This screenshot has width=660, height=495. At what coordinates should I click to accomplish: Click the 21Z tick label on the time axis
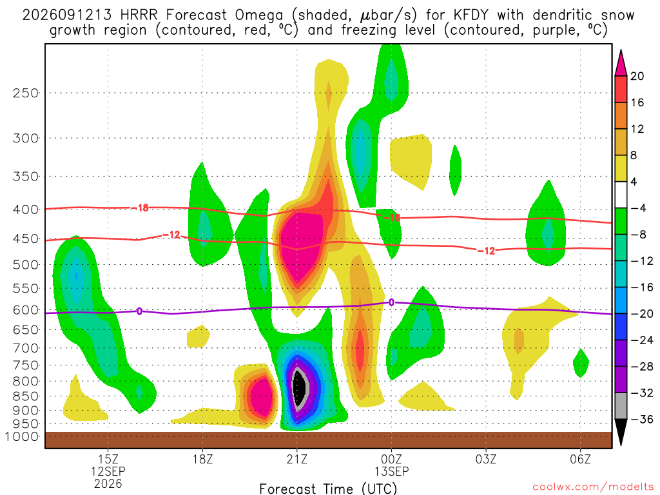[x=296, y=459]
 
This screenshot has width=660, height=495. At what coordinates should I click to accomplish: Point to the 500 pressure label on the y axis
[x=26, y=265]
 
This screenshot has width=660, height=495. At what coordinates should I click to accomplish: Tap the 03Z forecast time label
[x=486, y=459]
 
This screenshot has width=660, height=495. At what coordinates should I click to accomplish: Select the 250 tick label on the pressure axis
[x=26, y=93]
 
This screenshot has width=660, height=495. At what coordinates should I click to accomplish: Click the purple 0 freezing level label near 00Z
[x=391, y=302]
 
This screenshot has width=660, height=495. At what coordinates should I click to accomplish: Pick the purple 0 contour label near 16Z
[x=139, y=311]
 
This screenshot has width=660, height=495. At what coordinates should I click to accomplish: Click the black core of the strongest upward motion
[x=299, y=387]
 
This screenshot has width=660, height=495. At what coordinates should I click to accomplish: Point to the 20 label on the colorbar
[x=637, y=76]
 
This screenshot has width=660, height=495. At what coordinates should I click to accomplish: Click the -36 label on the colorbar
[x=642, y=419]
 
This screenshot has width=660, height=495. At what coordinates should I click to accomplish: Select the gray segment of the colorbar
[x=621, y=406]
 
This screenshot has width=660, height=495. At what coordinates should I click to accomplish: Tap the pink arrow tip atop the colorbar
[x=621, y=50]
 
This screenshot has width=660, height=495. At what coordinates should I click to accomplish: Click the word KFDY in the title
[x=471, y=15]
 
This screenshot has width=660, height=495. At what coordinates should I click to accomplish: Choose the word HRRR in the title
[x=139, y=15]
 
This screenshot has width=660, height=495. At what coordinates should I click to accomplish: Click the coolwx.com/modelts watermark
[x=593, y=487]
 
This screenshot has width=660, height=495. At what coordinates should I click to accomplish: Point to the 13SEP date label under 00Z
[x=391, y=471]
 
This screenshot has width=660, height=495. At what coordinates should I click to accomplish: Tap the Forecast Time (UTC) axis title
[x=328, y=489]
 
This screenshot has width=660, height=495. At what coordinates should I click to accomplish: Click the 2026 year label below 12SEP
[x=108, y=483]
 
